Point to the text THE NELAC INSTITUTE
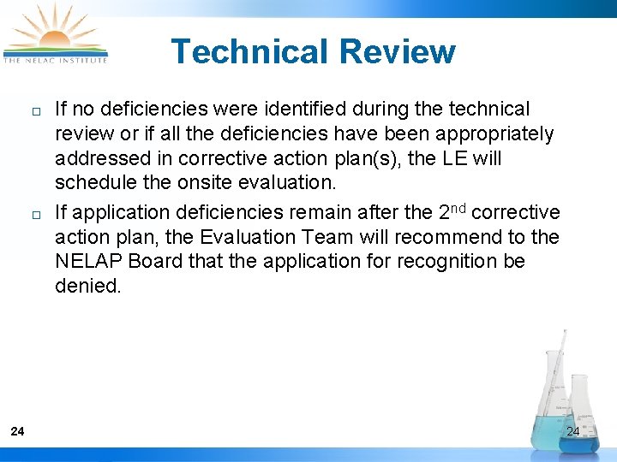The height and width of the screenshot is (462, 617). [55, 60]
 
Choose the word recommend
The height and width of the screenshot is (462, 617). [434, 236]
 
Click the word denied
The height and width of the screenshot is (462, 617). [88, 286]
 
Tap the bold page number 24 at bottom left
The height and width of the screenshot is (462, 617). [17, 431]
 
